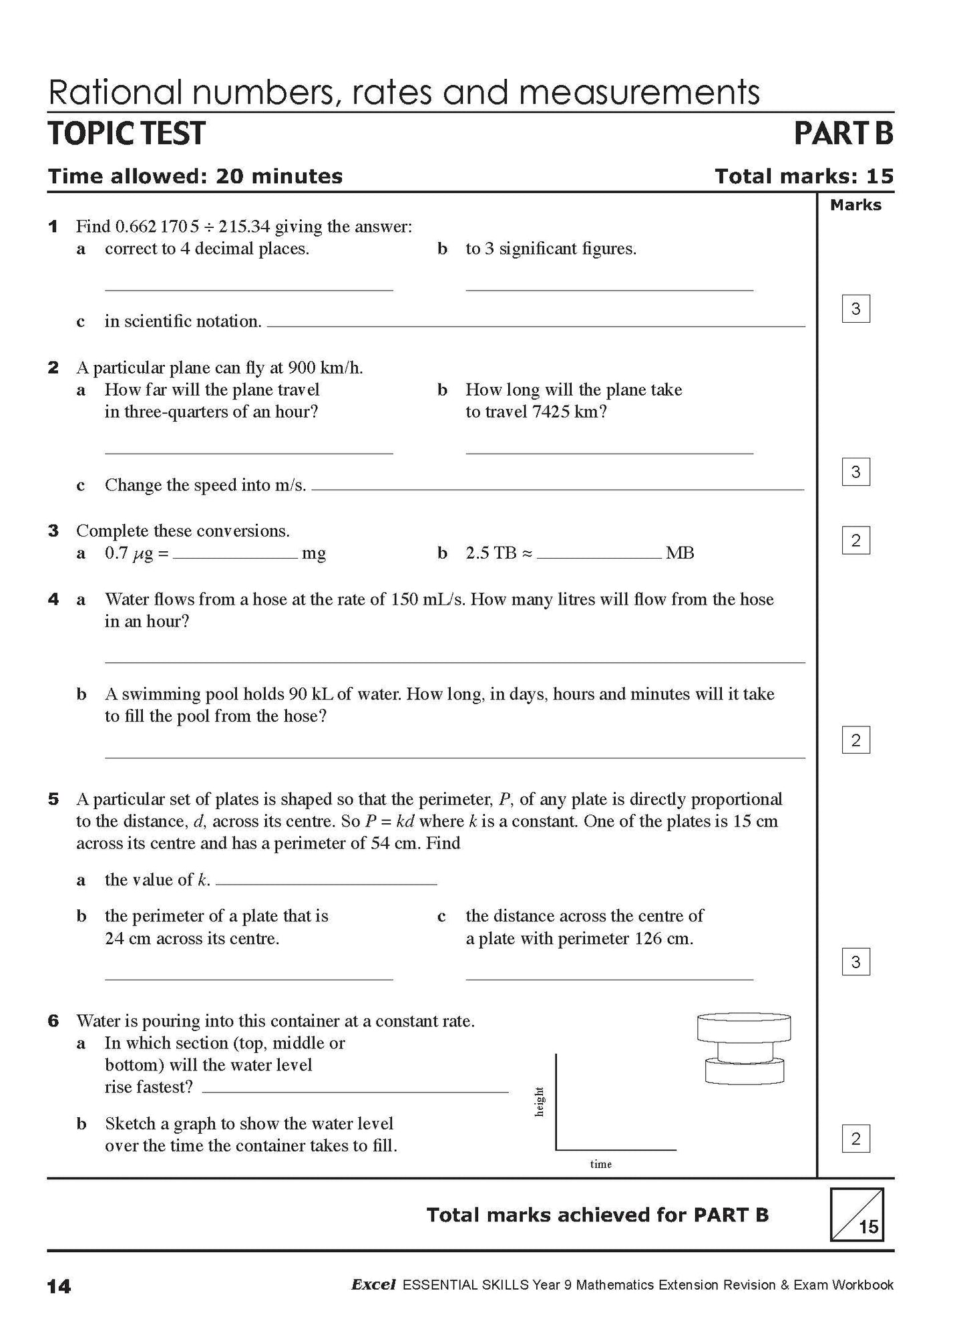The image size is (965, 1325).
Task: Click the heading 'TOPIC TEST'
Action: pyautogui.click(x=127, y=133)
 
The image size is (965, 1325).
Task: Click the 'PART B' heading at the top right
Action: pyautogui.click(x=843, y=133)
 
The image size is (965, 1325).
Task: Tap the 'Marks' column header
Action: pyautogui.click(x=855, y=205)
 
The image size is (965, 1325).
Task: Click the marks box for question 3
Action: pyautogui.click(x=855, y=540)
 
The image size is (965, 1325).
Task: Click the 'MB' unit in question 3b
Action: pyautogui.click(x=680, y=553)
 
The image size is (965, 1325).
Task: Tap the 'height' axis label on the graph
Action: pyautogui.click(x=540, y=1101)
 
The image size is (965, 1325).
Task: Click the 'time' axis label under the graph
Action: pyautogui.click(x=600, y=1164)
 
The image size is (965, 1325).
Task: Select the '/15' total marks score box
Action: pyautogui.click(x=857, y=1214)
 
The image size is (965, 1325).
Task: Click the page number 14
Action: pyautogui.click(x=59, y=1286)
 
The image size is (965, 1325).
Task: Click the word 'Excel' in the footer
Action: pyautogui.click(x=373, y=1284)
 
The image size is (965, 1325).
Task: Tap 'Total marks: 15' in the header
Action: pyautogui.click(x=803, y=176)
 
